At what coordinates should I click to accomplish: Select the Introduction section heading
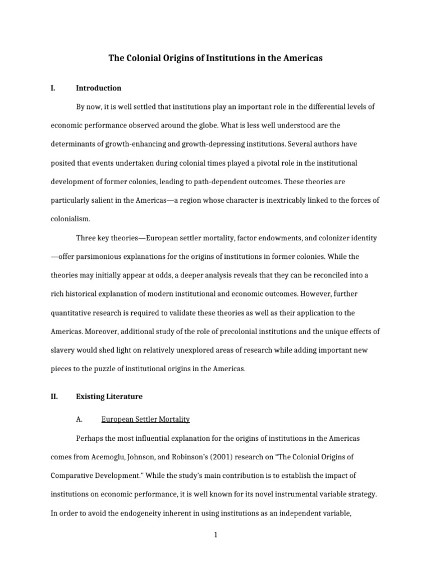tap(98, 88)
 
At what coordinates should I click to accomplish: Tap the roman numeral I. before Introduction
tap(53, 88)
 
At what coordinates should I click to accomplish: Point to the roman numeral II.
tap(54, 396)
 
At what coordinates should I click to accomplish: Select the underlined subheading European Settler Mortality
tap(145, 419)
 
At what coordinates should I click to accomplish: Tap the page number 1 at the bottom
tap(215, 535)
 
